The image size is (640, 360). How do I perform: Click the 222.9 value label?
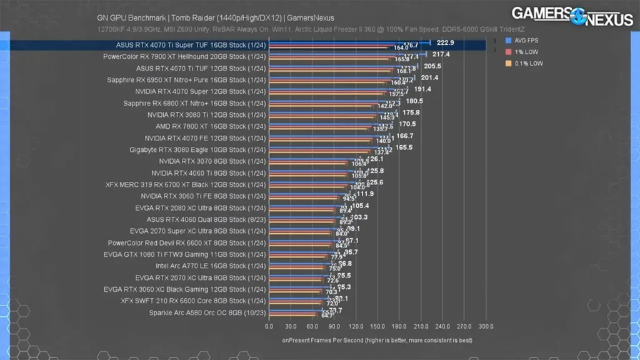(x=445, y=42)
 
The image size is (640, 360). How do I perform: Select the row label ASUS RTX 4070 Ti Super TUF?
(x=191, y=45)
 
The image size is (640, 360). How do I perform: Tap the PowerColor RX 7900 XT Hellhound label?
(x=184, y=56)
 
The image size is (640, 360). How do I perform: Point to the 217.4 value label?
(x=441, y=54)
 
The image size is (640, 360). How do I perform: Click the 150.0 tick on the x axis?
(x=377, y=326)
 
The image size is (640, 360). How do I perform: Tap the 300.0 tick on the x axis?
(x=486, y=326)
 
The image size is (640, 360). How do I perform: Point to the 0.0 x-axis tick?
(x=269, y=326)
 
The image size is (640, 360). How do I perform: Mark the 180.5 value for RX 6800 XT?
(x=414, y=101)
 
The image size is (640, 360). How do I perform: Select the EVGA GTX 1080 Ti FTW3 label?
(x=184, y=254)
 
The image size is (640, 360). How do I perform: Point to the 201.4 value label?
(x=430, y=77)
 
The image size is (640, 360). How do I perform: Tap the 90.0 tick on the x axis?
(x=334, y=326)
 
